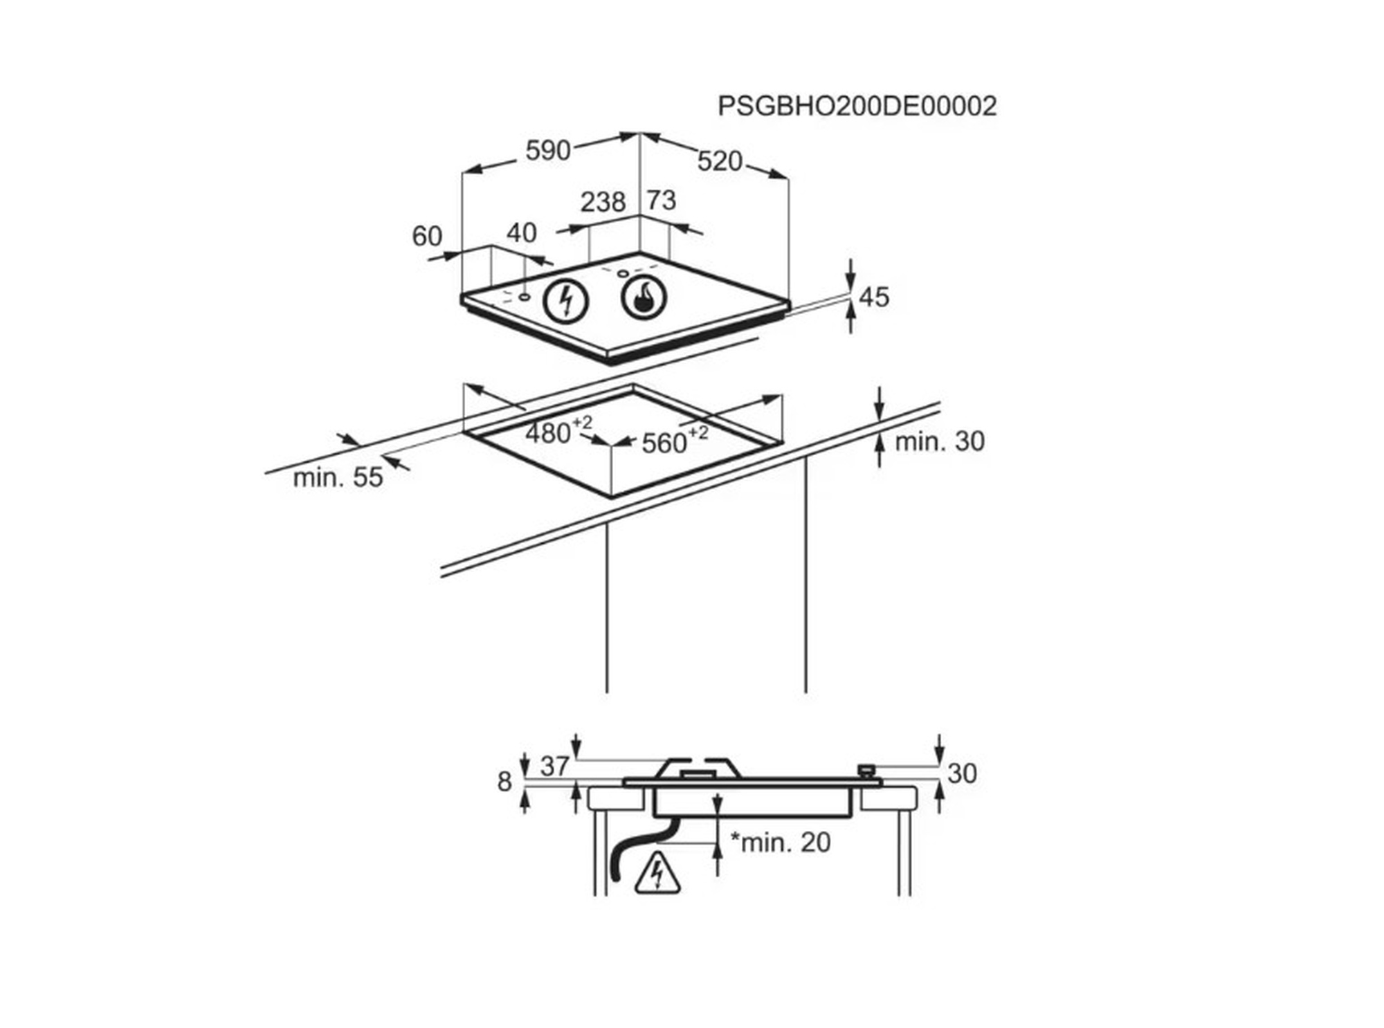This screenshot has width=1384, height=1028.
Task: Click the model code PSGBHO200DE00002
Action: pyautogui.click(x=857, y=106)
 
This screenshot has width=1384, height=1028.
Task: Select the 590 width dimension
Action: pyautogui.click(x=547, y=150)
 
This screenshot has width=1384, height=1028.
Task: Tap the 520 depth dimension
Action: pyautogui.click(x=720, y=161)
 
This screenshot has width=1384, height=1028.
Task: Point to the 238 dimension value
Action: pyautogui.click(x=603, y=202)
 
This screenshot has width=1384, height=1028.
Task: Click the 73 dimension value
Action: pyautogui.click(x=661, y=200)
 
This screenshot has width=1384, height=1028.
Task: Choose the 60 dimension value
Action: pyautogui.click(x=427, y=236)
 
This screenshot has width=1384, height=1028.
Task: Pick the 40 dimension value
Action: pyautogui.click(x=522, y=233)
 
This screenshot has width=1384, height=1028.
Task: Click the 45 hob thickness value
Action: pyautogui.click(x=873, y=297)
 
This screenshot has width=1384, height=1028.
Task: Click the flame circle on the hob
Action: pyautogui.click(x=644, y=297)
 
